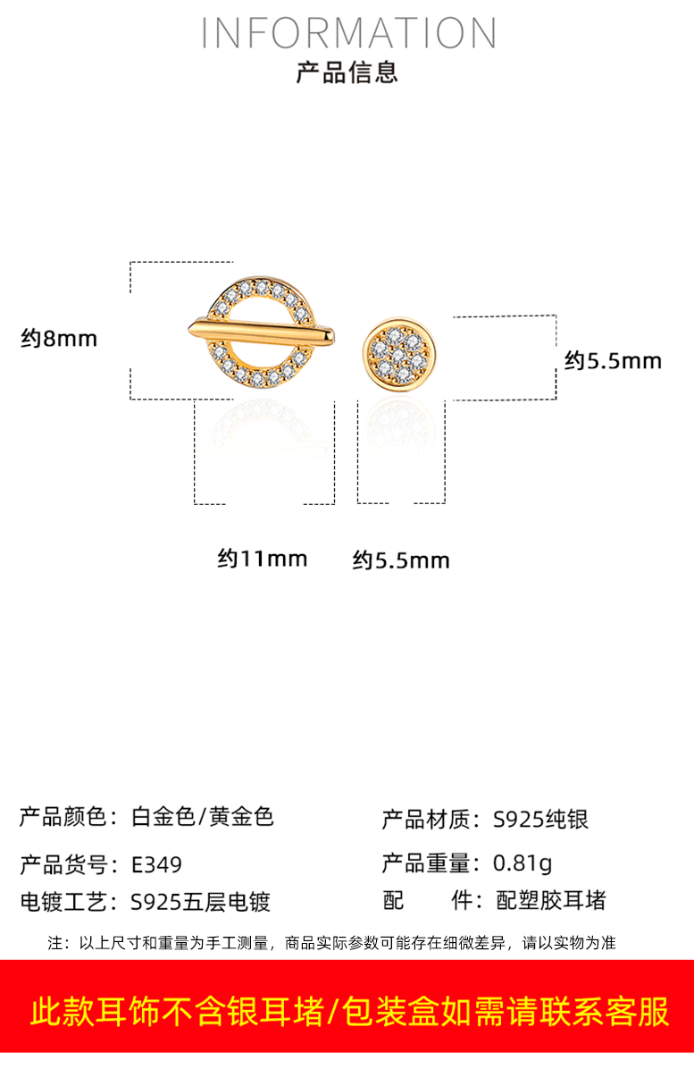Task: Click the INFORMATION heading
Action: (347, 33)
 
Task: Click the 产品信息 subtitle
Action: (347, 72)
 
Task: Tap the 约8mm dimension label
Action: (59, 339)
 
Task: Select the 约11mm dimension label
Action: (263, 559)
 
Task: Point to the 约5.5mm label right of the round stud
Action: (613, 361)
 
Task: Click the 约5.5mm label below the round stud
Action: (401, 560)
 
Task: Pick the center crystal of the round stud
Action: (399, 353)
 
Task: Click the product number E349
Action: (156, 865)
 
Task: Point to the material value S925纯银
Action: (541, 820)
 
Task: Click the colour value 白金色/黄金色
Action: (202, 817)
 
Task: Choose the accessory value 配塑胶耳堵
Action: (551, 901)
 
